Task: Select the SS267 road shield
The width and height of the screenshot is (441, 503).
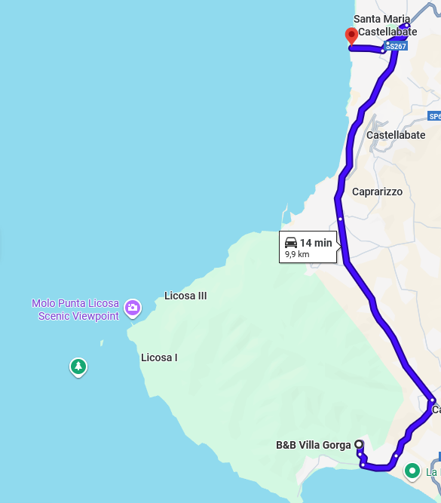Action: tap(396, 47)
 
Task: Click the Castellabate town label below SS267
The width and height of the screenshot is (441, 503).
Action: tap(396, 135)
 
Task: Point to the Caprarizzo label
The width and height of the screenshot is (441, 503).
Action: tap(378, 192)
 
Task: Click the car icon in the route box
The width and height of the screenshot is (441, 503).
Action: tap(291, 242)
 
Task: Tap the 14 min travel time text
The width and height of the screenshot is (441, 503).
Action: tap(316, 243)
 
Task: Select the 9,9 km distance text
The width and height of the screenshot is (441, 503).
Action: tap(297, 255)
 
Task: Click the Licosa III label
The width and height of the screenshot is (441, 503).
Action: tap(185, 296)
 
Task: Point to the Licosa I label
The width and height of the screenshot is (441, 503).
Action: tap(159, 357)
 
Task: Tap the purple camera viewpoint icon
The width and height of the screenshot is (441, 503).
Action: tap(133, 307)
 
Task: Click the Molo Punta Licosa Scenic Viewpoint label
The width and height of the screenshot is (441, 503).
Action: tap(75, 310)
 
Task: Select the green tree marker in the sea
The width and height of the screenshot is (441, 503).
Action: tap(78, 367)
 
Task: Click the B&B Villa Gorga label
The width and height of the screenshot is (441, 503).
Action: tap(314, 445)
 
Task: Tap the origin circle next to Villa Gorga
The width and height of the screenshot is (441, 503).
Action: tap(359, 444)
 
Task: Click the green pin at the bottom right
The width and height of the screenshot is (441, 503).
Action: tap(412, 471)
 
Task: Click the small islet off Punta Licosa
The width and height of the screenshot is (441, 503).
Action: tap(102, 343)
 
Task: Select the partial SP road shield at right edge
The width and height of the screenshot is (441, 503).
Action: tap(434, 116)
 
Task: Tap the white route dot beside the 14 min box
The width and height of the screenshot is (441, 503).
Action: tap(340, 219)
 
